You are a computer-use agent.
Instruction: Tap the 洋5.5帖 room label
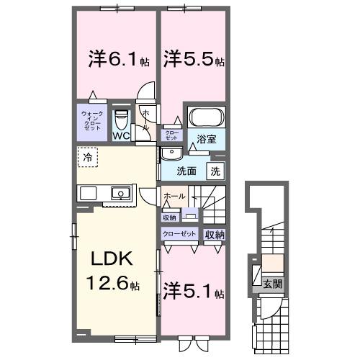click(190, 58)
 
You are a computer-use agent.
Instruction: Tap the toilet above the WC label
click(121, 118)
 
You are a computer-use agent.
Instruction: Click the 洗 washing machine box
click(215, 171)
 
